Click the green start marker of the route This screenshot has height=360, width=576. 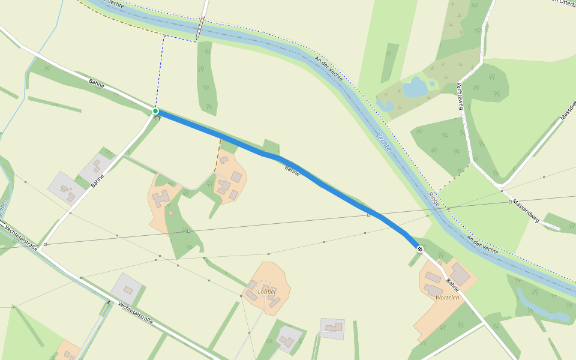pyautogui.click(x=155, y=111)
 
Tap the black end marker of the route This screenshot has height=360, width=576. pyautogui.click(x=420, y=248)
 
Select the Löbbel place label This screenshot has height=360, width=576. pyautogui.click(x=266, y=292)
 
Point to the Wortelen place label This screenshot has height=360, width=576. pyautogui.click(x=448, y=298)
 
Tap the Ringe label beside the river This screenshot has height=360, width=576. pyautogui.click(x=434, y=200)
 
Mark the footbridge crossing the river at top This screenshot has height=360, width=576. pyautogui.click(x=200, y=28)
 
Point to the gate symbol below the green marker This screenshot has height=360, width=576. pyautogui.click(x=157, y=118)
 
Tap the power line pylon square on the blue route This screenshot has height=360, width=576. pyautogui.click(x=368, y=214)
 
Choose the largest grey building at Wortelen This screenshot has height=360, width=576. pyautogui.click(x=460, y=274)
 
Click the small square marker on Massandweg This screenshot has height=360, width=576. pyautogui.click(x=510, y=202)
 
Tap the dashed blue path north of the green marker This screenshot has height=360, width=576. pyautogui.click(x=160, y=72)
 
